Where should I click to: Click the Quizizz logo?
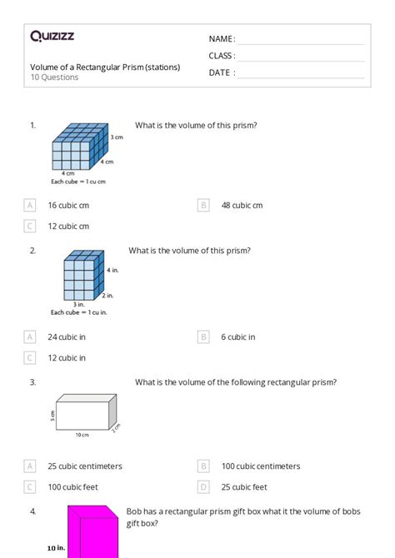pyautogui.click(x=52, y=36)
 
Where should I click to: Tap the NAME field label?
pyautogui.click(x=222, y=39)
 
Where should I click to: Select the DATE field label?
pyautogui.click(x=222, y=72)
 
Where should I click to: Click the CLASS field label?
pyautogui.click(x=222, y=56)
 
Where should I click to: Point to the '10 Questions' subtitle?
pyautogui.click(x=54, y=77)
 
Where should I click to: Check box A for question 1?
pyautogui.click(x=30, y=205)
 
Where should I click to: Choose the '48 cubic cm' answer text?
pyautogui.click(x=242, y=205)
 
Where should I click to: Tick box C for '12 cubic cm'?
pyautogui.click(x=30, y=226)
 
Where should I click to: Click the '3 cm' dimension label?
pyautogui.click(x=117, y=136)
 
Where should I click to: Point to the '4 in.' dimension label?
pyautogui.click(x=112, y=270)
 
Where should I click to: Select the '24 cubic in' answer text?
pyautogui.click(x=67, y=337)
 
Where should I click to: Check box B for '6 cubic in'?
pyautogui.click(x=203, y=337)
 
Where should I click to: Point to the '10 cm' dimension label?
pyautogui.click(x=81, y=435)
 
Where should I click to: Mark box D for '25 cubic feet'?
pyautogui.click(x=203, y=487)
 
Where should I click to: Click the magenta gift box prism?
pyautogui.click(x=93, y=533)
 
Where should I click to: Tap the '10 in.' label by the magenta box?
pyautogui.click(x=57, y=549)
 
